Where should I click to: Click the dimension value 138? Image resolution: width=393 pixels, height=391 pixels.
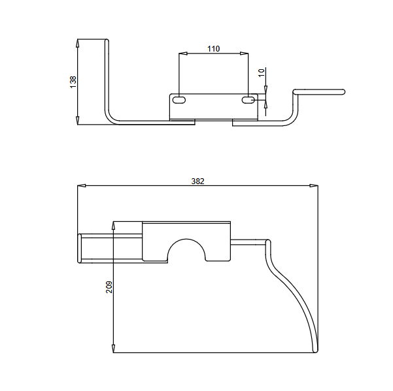coord(73,82)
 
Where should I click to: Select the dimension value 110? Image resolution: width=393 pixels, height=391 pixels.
coord(214,48)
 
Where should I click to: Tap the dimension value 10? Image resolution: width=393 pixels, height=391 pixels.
coord(262,73)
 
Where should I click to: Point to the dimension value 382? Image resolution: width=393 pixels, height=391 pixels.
coord(197,181)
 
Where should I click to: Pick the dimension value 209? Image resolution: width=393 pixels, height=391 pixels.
coord(109,287)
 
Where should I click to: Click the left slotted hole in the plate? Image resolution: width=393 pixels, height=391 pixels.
coord(179,100)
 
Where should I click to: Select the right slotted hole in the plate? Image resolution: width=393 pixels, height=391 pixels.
coord(248,101)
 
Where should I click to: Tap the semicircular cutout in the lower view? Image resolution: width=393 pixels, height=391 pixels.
coord(186,239)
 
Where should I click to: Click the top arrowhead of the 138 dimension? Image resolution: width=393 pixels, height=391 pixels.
coord(78,43)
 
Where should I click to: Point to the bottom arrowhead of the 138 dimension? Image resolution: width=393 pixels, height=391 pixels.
coord(78,120)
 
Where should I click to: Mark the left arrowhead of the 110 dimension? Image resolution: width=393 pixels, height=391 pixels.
coord(183,54)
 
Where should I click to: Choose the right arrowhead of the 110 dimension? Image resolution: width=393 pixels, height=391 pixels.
coord(244,54)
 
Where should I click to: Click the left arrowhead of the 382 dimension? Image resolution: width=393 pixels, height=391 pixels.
coord(82,185)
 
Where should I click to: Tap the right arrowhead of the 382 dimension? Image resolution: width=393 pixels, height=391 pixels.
coord(314,185)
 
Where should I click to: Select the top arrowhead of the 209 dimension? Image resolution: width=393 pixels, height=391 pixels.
coord(113,225)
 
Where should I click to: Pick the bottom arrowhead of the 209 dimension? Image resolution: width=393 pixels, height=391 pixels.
coord(113,349)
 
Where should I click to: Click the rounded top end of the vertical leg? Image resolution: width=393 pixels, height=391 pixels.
coord(107,40)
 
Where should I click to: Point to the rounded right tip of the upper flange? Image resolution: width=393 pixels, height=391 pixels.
coord(343,92)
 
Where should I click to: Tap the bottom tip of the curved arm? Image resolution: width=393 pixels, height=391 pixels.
coord(316,351)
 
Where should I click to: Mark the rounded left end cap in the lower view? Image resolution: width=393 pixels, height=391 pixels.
coord(80,249)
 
